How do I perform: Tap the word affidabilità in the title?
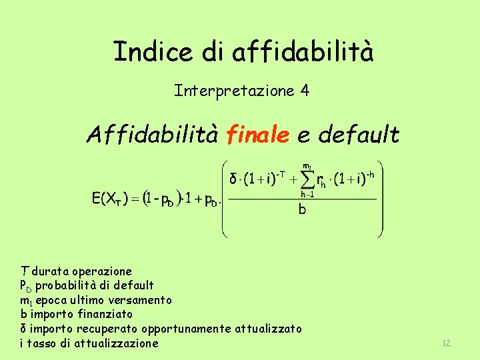(303, 51)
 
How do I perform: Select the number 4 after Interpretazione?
(305, 90)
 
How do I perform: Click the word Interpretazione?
(234, 90)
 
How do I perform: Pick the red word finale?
(257, 135)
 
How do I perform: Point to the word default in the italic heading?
(359, 135)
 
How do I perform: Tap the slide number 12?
(446, 343)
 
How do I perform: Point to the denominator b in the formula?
(302, 209)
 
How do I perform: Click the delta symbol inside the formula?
(233, 180)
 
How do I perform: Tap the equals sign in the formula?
(134, 199)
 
